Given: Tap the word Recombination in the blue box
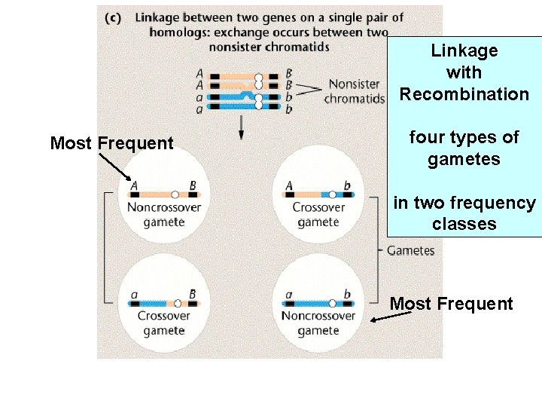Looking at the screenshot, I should pos(464,94).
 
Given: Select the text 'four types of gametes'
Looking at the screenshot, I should pos(464,148).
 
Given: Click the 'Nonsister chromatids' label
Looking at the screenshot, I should pos(355,91).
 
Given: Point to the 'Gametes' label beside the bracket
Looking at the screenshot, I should pos(410,250).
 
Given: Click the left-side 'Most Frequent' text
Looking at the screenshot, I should pos(111,143).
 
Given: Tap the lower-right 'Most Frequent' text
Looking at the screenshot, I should pos(451,304).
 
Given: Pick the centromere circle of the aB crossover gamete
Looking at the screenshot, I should pos(178,303).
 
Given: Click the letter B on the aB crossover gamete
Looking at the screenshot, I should pos(193,294).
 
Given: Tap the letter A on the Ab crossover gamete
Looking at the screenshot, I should pos(290,185).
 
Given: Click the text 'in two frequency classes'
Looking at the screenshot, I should pos(464,213).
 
